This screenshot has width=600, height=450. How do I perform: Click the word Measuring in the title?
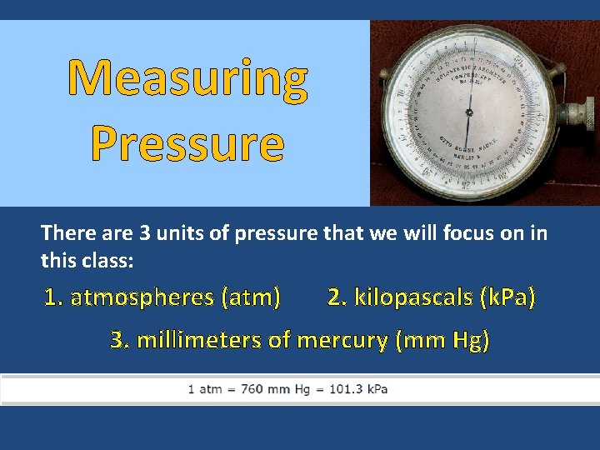[187, 80]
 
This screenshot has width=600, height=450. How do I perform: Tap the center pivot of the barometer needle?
[469, 112]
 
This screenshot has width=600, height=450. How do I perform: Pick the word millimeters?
[198, 340]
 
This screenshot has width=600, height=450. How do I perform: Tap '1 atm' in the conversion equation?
[203, 389]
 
